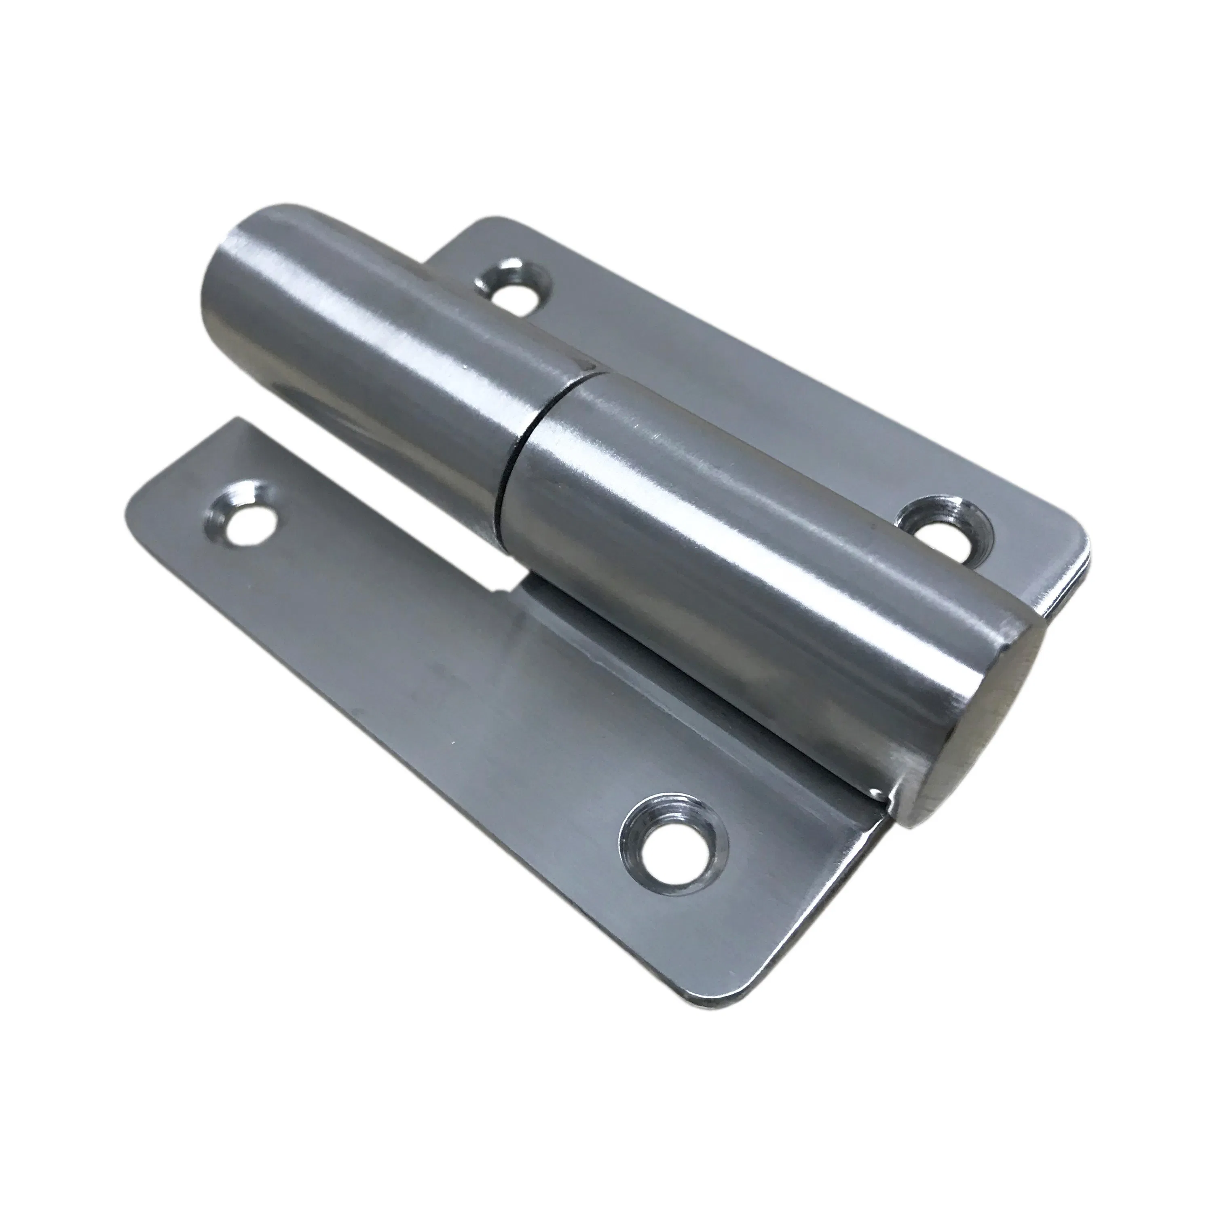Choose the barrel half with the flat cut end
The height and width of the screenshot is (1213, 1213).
722,552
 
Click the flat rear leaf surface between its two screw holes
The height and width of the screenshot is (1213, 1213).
722,389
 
